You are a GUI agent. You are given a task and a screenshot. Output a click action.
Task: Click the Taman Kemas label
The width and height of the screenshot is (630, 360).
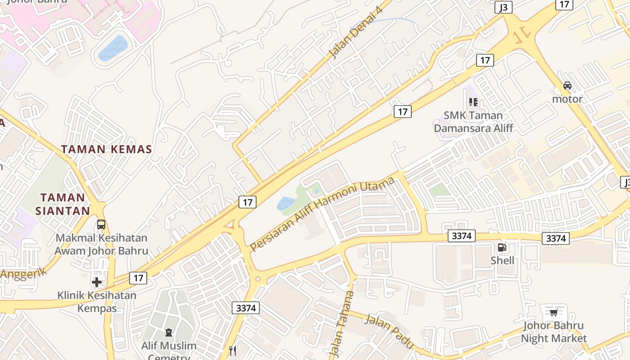pyautogui.click(x=106, y=149)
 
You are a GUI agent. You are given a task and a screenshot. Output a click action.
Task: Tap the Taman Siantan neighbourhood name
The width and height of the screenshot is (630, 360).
pyautogui.click(x=63, y=204)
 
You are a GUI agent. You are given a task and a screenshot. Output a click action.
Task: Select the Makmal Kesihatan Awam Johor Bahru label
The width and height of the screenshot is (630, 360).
pyautogui.click(x=101, y=244)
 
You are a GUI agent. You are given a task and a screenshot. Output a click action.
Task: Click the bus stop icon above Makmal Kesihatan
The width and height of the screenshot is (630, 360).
pyautogui.click(x=101, y=224)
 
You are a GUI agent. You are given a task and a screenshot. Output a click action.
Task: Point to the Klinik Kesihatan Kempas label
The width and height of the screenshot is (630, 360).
pyautogui.click(x=97, y=301)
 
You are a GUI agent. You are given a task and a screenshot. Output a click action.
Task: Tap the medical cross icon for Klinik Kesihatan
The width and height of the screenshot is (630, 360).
pyautogui.click(x=97, y=282)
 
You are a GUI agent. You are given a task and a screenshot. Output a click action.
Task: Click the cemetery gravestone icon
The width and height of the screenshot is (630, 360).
pyautogui.click(x=169, y=333)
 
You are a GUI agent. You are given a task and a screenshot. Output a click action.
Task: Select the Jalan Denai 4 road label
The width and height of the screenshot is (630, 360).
pyautogui.click(x=355, y=32)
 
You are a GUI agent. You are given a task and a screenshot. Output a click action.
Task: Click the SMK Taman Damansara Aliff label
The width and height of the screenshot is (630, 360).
pyautogui.click(x=473, y=121)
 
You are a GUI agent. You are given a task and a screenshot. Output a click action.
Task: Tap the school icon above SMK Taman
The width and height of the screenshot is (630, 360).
pyautogui.click(x=473, y=102)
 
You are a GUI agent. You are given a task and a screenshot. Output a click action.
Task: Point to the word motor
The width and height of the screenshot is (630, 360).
pyautogui.click(x=567, y=99)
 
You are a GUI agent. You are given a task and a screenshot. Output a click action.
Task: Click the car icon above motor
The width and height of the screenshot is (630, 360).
pyautogui.click(x=567, y=85)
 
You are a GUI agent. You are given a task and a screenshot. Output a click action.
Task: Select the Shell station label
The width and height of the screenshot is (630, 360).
pyautogui.click(x=502, y=261)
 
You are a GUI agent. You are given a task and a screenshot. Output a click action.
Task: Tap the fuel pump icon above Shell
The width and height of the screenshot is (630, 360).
pyautogui.click(x=502, y=247)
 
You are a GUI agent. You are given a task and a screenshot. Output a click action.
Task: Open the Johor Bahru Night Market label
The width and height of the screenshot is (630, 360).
pyautogui.click(x=553, y=332)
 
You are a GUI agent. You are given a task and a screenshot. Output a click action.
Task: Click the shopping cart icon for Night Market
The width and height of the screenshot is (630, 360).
pyautogui.click(x=553, y=312)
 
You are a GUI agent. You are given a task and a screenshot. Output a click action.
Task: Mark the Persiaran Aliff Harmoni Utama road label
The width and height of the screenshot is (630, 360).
pyautogui.click(x=322, y=214)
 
